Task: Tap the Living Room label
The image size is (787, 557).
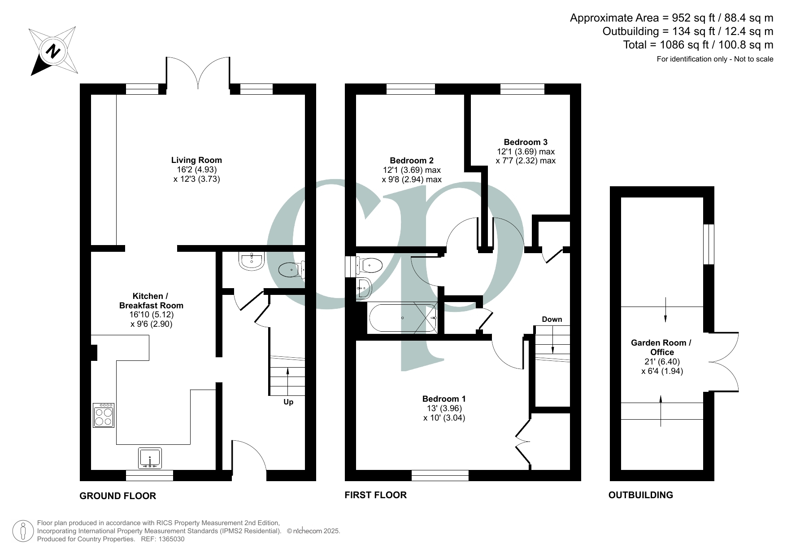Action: coord(196,160)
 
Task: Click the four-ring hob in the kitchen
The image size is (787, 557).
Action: coord(104,415)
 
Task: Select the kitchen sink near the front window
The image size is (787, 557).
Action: coord(150,459)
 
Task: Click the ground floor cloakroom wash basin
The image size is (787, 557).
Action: coord(252,261)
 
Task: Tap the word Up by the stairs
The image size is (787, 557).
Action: coord(288,402)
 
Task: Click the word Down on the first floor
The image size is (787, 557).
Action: coord(552,319)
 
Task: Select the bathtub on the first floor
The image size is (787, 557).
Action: coord(402,318)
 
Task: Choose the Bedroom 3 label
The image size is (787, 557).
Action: coord(526,142)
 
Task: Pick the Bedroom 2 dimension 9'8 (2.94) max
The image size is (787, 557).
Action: coord(412,180)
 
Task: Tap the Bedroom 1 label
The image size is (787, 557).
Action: coord(444,399)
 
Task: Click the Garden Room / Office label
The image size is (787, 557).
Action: coord(661,347)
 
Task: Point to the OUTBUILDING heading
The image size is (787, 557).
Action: coord(640,495)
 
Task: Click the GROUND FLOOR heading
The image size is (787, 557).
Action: coord(117,496)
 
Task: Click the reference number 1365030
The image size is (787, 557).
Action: coord(169,539)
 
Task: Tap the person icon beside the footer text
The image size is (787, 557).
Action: coord(23,531)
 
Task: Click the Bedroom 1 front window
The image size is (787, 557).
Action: coord(440,475)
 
